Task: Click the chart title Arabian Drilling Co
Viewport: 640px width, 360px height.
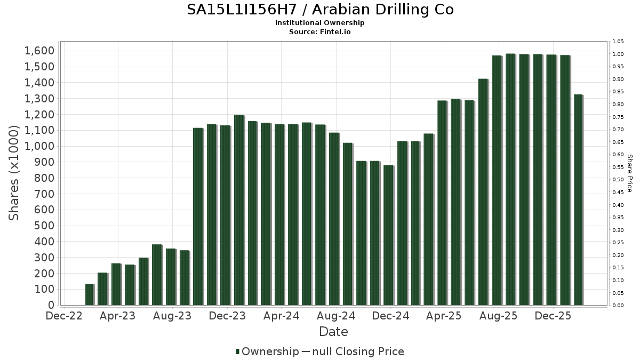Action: pyautogui.click(x=320, y=10)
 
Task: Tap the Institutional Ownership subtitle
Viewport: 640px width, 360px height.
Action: pyautogui.click(x=320, y=23)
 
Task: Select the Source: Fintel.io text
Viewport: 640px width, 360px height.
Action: pyautogui.click(x=320, y=31)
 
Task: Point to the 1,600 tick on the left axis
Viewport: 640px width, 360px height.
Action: pyautogui.click(x=39, y=51)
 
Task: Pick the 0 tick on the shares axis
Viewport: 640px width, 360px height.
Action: pyautogui.click(x=51, y=305)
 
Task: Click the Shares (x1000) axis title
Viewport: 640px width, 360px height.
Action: pyautogui.click(x=14, y=173)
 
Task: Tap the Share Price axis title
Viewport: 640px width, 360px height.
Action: pyautogui.click(x=629, y=173)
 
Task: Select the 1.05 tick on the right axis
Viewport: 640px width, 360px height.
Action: pyautogui.click(x=618, y=42)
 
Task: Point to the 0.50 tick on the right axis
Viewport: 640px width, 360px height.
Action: pyautogui.click(x=618, y=180)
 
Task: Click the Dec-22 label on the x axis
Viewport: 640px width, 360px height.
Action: pyautogui.click(x=64, y=316)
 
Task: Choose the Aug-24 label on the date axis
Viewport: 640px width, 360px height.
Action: pyautogui.click(x=335, y=316)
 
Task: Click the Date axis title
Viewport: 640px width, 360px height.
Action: pyautogui.click(x=333, y=332)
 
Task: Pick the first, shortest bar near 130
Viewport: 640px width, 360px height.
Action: pyautogui.click(x=89, y=294)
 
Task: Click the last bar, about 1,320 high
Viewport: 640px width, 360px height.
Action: pyautogui.click(x=578, y=200)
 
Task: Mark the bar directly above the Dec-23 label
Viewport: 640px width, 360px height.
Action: pyautogui.click(x=239, y=210)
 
